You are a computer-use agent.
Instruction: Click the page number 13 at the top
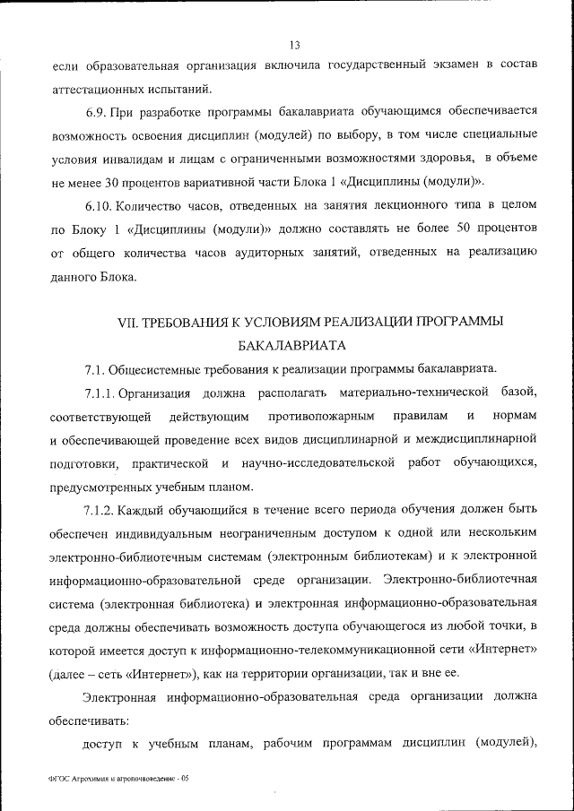coord(294,46)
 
